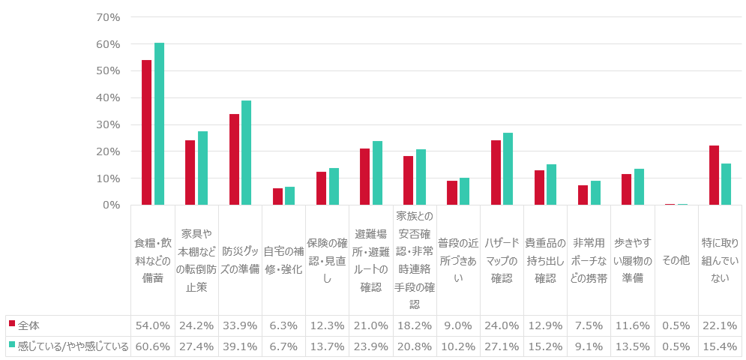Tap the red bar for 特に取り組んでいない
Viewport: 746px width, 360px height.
(713, 175)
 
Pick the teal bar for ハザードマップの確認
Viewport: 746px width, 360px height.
(508, 169)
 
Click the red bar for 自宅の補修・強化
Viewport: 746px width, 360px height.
(277, 196)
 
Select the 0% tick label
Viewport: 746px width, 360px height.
(111, 205)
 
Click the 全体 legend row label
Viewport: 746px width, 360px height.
(29, 325)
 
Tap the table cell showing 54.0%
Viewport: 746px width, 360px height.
(152, 325)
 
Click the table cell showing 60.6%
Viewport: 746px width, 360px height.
(152, 346)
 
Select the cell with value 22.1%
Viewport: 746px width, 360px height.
(720, 325)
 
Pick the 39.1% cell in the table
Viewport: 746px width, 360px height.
(240, 346)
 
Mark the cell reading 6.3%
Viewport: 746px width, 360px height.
(283, 325)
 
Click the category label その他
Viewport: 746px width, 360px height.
(676, 260)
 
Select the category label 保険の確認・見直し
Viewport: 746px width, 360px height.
(327, 260)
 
